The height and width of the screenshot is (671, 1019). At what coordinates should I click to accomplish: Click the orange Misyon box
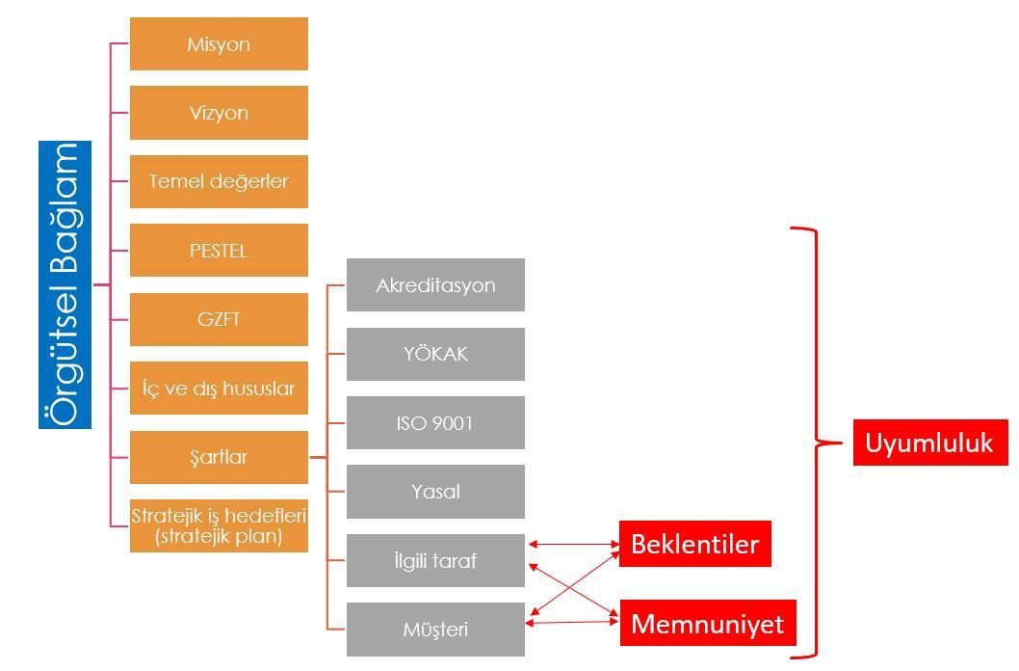point(219,43)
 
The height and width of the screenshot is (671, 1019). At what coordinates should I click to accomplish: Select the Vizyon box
point(219,112)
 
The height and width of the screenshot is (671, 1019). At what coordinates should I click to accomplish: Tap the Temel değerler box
point(219,181)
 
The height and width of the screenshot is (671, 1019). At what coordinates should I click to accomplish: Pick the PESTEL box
point(219,251)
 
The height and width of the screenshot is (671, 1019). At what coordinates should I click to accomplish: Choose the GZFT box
point(219,319)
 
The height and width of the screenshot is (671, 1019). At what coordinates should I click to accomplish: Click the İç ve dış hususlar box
point(219,389)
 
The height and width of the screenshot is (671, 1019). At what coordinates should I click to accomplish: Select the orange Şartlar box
point(219,457)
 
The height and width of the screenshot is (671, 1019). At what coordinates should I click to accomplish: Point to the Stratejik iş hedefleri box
point(219,525)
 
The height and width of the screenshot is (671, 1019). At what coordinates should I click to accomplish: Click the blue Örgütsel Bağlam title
point(65,284)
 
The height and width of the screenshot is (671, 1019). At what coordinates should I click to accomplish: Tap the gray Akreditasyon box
point(435,284)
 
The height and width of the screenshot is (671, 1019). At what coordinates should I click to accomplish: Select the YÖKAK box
point(435,354)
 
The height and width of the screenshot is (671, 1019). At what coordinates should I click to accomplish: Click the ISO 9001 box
point(435,422)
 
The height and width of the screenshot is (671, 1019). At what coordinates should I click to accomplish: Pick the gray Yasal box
point(435,492)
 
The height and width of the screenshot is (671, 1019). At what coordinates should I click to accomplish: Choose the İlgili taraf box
point(435,560)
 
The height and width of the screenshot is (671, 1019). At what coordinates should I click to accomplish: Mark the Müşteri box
point(435,630)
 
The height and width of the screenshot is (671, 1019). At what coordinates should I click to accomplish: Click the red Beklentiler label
point(694,545)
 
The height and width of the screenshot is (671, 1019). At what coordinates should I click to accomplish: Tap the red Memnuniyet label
point(707,624)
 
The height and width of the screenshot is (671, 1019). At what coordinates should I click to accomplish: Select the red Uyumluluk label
point(928,443)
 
